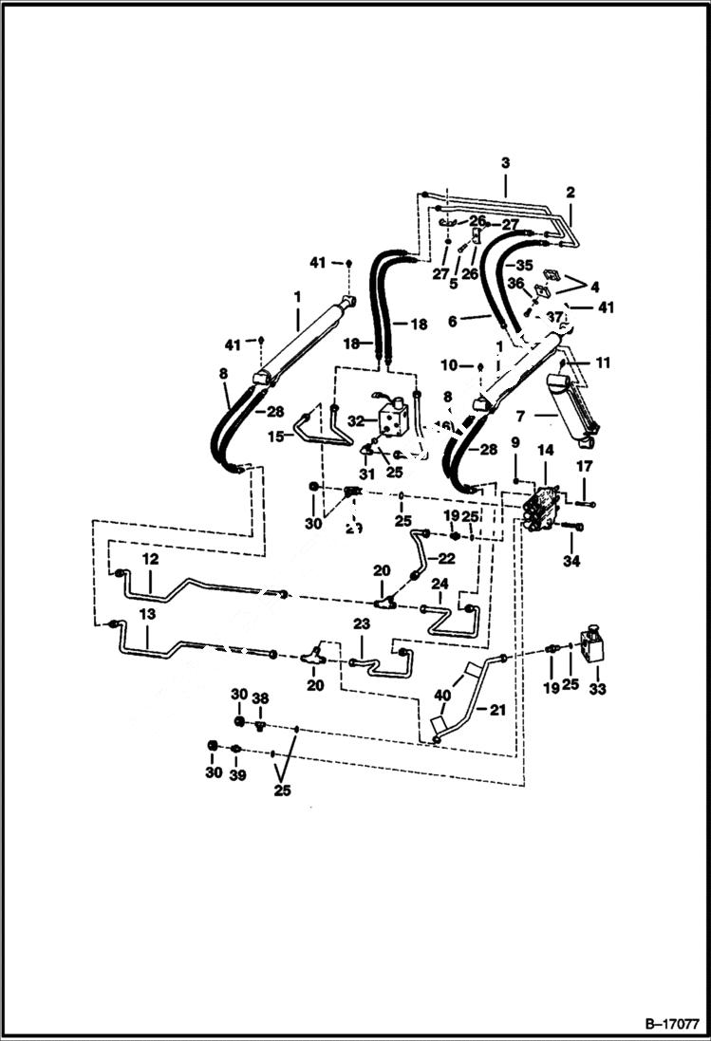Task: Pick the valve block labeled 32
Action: pyautogui.click(x=394, y=415)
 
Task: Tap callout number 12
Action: pyautogui.click(x=149, y=560)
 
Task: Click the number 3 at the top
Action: pyautogui.click(x=505, y=162)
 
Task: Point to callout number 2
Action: pyautogui.click(x=571, y=192)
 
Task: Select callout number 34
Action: pyautogui.click(x=571, y=561)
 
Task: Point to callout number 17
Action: pyautogui.click(x=585, y=466)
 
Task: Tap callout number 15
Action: pyautogui.click(x=274, y=436)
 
